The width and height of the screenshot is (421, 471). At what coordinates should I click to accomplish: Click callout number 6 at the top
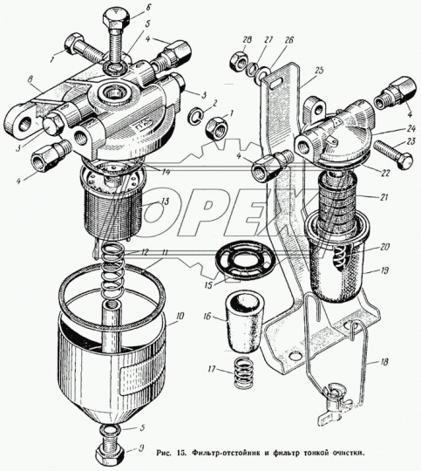tap(148, 7)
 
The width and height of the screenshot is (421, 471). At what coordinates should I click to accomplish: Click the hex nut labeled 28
tap(239, 61)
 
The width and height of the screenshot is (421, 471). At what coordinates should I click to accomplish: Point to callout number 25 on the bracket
tap(319, 71)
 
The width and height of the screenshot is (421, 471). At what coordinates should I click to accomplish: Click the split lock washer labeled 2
tap(196, 116)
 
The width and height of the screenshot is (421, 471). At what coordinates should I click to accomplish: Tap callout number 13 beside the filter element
tap(165, 201)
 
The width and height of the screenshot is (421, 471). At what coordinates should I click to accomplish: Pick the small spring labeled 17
tap(242, 372)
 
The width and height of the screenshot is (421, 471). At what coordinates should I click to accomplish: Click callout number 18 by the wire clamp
tap(384, 361)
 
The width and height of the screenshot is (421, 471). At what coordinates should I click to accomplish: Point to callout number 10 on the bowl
tap(180, 316)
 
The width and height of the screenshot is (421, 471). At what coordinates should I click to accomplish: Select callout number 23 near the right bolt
tap(411, 141)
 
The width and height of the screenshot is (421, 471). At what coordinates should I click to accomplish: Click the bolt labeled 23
tap(393, 154)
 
